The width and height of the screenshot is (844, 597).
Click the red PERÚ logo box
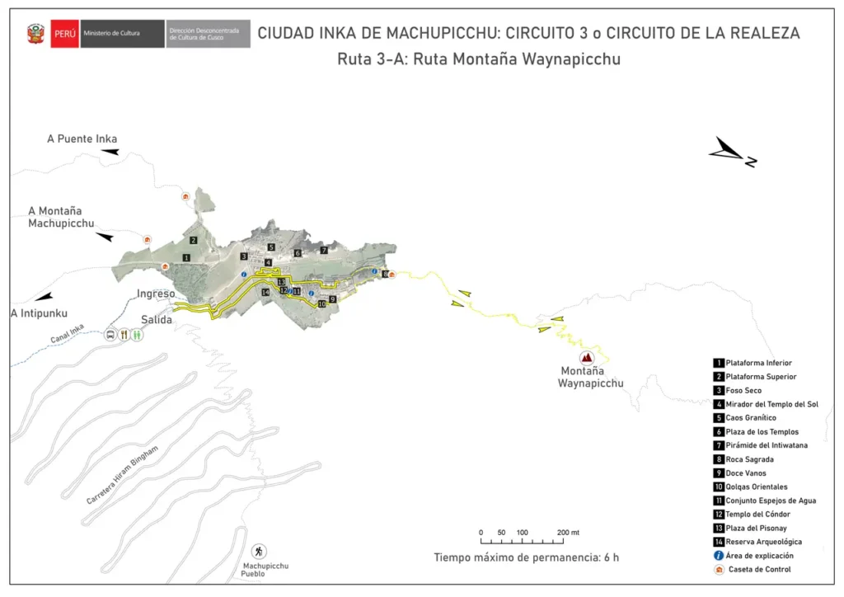[64, 34]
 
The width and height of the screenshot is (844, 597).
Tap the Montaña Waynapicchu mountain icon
[587, 358]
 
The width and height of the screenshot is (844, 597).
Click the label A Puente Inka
[82, 139]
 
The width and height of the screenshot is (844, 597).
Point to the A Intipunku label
[39, 313]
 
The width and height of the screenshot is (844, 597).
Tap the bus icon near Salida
[110, 335]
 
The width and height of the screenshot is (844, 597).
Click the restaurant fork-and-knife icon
[124, 335]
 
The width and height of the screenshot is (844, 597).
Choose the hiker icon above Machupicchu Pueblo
[260, 550]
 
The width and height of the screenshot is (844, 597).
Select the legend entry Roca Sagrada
[749, 459]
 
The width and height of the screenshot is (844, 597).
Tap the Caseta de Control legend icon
[719, 569]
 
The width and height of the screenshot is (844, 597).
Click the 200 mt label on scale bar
[568, 533]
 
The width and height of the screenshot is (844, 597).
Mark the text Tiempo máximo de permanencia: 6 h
[526, 557]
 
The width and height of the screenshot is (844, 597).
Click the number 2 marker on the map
[193, 240]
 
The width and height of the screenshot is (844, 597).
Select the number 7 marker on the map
[324, 250]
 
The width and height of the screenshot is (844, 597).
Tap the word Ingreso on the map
[156, 294]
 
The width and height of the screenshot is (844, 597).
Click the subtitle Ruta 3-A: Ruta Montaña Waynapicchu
[478, 59]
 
